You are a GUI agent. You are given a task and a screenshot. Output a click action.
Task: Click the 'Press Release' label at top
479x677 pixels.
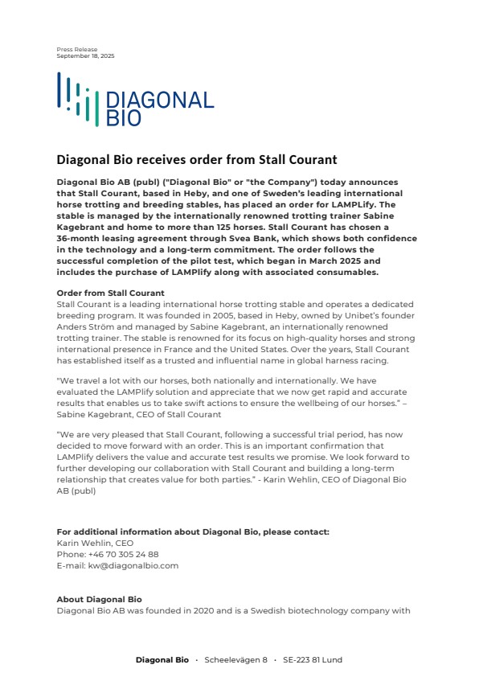[76, 50]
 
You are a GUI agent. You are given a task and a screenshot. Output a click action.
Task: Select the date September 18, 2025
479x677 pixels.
[85, 55]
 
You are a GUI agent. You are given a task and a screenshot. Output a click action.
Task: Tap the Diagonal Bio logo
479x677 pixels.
[135, 100]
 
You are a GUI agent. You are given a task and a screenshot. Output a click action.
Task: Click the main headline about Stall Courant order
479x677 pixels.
[196, 159]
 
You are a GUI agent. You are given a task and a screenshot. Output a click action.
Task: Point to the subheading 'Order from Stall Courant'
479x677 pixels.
[110, 293]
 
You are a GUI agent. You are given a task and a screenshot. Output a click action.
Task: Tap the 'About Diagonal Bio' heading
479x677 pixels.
[99, 599]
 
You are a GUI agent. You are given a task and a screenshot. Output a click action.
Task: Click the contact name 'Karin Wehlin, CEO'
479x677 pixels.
[95, 544]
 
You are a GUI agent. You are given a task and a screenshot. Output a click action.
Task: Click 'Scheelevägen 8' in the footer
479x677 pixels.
[235, 660]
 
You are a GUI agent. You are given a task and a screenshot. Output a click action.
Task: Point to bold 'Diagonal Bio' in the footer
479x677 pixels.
[162, 660]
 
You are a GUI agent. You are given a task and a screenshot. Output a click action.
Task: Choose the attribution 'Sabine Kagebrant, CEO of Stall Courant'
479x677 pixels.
[138, 414]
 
